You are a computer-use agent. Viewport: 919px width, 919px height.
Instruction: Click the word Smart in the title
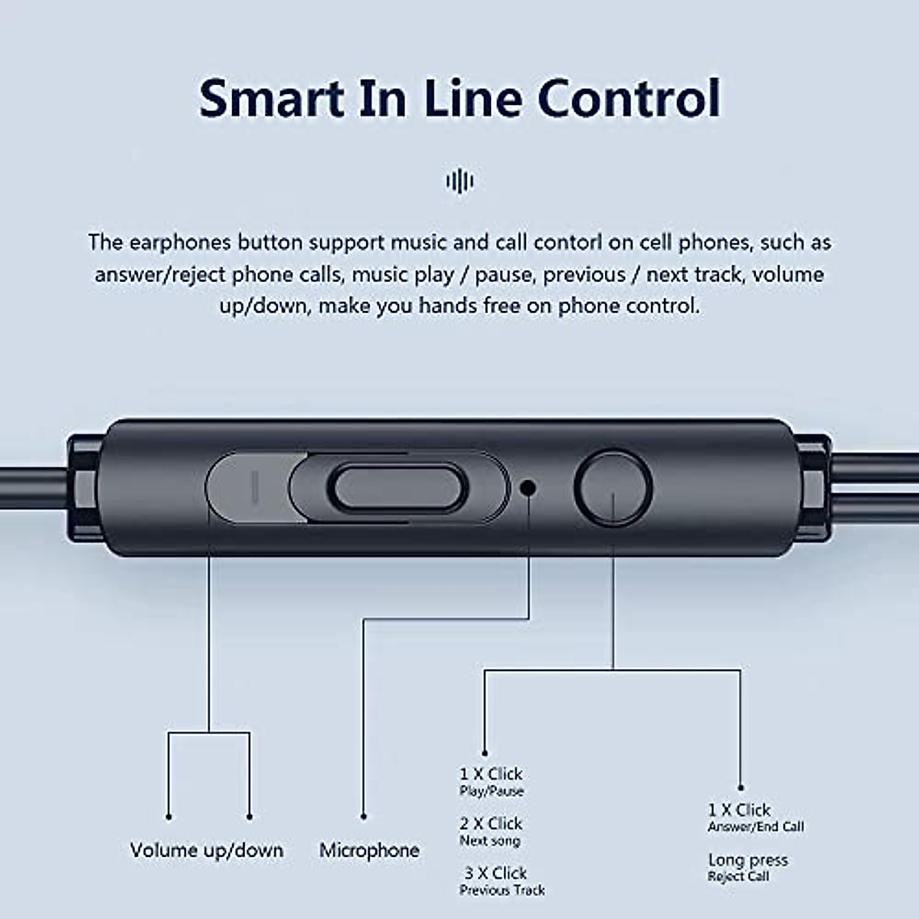[271, 99]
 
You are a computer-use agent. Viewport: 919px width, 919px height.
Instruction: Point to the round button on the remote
[613, 487]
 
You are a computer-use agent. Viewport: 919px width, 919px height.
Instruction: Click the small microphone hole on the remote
[528, 487]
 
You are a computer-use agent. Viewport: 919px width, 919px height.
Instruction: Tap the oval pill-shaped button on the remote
[397, 487]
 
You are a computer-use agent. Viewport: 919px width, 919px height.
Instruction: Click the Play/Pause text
[491, 791]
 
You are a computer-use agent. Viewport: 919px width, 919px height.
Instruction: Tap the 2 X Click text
[491, 823]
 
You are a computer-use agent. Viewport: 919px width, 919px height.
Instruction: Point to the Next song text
[490, 840]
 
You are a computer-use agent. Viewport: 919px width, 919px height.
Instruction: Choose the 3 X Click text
[495, 873]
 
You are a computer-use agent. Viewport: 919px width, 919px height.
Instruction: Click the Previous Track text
[502, 890]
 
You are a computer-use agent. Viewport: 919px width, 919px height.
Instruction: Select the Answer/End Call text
[756, 826]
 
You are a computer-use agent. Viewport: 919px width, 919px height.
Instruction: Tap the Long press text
[747, 860]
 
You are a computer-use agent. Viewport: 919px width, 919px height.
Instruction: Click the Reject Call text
[738, 877]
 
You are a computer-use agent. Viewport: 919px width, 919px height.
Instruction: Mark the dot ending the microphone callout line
[364, 816]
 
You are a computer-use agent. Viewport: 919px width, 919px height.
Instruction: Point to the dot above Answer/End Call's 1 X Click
[741, 788]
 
